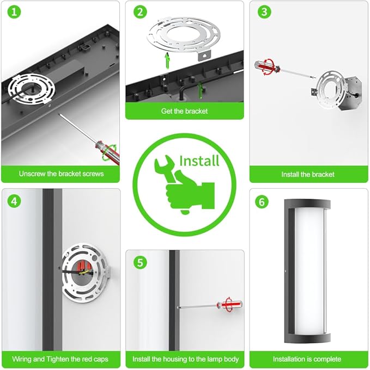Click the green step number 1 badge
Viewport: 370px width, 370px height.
pyautogui.click(x=14, y=12)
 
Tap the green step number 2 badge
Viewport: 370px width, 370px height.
pyautogui.click(x=140, y=12)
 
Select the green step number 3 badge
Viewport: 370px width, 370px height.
pyautogui.click(x=264, y=12)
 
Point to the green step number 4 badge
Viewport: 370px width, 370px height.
pyautogui.click(x=14, y=201)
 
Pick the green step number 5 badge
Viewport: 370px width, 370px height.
pyautogui.click(x=140, y=262)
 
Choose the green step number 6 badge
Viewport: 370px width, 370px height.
pyautogui.click(x=262, y=202)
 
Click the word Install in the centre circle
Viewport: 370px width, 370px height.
pyautogui.click(x=199, y=161)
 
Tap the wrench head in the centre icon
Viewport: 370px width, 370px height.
pyautogui.click(x=163, y=164)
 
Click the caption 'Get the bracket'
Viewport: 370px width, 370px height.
pyautogui.click(x=184, y=111)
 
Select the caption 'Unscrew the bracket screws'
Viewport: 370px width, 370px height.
pyautogui.click(x=61, y=174)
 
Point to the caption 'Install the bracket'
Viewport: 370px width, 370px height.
pyautogui.click(x=308, y=174)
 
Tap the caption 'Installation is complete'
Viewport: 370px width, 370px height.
pyautogui.click(x=307, y=359)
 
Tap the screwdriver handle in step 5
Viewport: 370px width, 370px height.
pyautogui.click(x=229, y=304)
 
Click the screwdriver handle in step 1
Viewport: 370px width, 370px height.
pyautogui.click(x=107, y=152)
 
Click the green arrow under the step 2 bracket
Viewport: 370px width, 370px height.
pyautogui.click(x=167, y=60)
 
